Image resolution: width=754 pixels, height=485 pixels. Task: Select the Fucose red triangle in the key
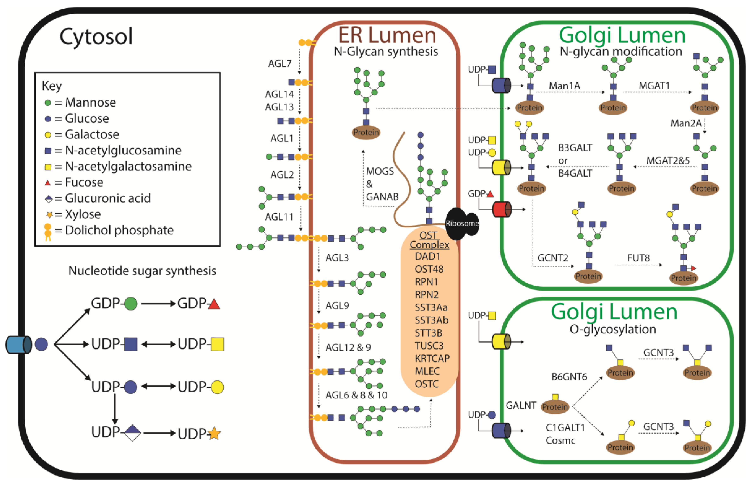coord(48,183)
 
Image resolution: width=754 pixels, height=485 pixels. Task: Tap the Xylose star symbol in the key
coord(49,215)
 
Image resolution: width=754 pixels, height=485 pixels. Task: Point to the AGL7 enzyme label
coord(280,64)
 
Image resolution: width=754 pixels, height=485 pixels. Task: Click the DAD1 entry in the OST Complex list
coord(427,256)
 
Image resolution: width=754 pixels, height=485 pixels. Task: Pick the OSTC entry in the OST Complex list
coord(427,384)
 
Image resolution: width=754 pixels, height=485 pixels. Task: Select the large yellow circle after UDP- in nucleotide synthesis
coord(217,387)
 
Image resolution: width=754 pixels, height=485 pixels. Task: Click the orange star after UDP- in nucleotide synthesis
coord(214,434)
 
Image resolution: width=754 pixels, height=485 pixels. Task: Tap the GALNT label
coord(521,405)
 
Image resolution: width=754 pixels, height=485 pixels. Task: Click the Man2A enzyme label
coord(686,123)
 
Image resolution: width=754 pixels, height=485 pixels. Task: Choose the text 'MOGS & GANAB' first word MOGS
coord(380,171)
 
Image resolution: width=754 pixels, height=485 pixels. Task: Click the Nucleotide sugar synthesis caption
coord(142,271)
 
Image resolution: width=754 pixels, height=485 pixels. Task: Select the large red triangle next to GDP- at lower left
coord(214,304)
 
